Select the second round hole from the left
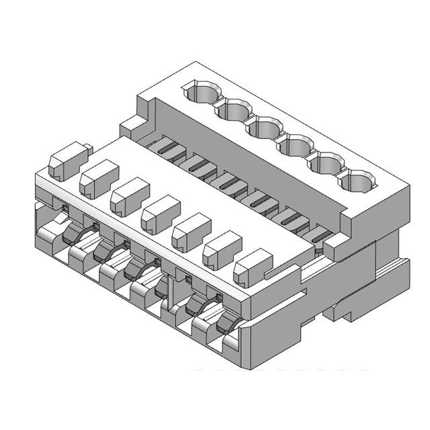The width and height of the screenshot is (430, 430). coord(232,109)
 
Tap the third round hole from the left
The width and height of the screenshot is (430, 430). coord(261,126)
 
